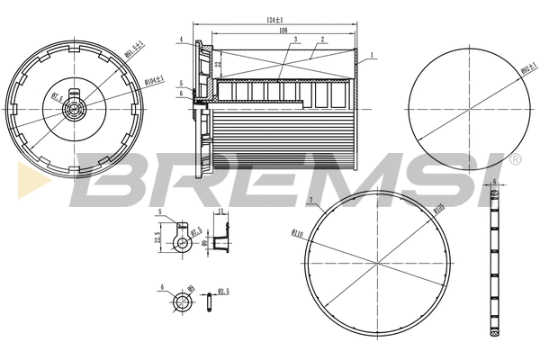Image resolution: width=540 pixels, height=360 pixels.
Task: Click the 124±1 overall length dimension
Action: coord(274,19)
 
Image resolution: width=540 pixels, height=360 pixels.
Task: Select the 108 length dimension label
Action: coord(282,30)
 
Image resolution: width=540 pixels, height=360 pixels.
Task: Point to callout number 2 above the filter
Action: coord(321,40)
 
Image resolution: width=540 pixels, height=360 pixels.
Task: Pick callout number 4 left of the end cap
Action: coord(181,40)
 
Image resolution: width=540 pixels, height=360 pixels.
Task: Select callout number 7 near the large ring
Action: coord(310,199)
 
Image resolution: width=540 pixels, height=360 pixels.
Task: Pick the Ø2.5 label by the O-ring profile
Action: coord(223,292)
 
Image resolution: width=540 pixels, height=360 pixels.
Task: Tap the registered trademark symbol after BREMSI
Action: coord(515,160)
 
